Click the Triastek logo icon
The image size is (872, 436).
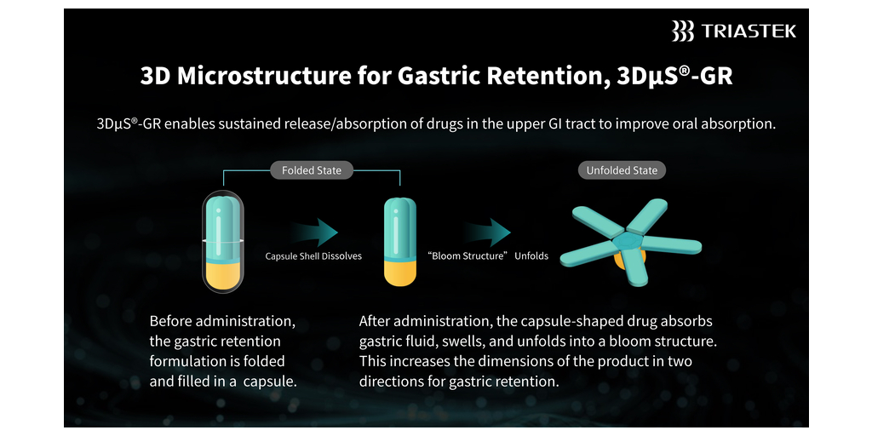point(682,31)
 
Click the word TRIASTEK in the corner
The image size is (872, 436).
point(748,32)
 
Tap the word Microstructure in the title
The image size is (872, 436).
point(264,76)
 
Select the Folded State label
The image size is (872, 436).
point(312,170)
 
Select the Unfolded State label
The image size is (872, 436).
point(622,170)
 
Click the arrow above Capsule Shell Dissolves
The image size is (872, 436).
point(313,232)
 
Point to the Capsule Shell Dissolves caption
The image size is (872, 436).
point(313,256)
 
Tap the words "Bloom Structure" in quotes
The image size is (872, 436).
point(468,256)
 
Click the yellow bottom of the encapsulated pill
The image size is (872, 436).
point(221,276)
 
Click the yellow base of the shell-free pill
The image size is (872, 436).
point(400,272)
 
